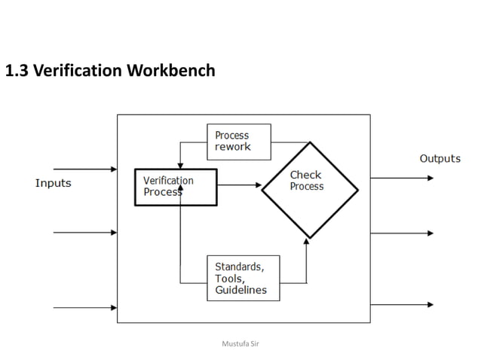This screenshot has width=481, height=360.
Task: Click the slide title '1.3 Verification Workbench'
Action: point(110,71)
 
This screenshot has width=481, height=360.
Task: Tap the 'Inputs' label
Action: point(54,183)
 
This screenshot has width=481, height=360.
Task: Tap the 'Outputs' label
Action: point(440,158)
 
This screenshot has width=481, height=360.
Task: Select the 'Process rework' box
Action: point(238,142)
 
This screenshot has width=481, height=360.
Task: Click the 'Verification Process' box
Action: point(176,187)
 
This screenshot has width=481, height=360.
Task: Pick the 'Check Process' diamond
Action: point(310,189)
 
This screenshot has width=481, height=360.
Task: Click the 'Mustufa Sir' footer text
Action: point(240,343)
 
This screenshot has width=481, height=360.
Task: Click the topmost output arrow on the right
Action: point(402,178)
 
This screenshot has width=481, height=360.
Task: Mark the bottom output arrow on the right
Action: point(402,304)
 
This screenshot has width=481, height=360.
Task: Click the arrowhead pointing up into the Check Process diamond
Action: point(307,242)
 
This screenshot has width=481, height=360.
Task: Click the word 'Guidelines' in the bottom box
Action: point(240,290)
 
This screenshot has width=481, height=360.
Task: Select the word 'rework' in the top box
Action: point(232,147)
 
